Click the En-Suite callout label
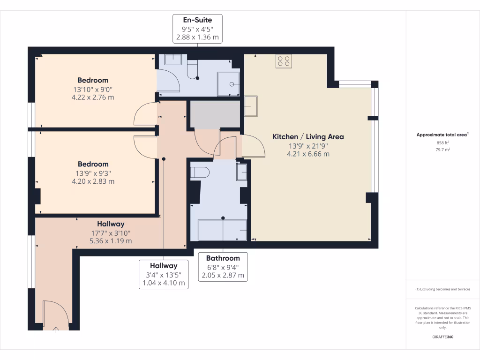click(x=197, y=29)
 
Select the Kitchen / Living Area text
click(x=308, y=137)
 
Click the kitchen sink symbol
click(x=251, y=106)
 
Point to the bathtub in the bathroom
click(x=223, y=230)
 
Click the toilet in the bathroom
click(x=199, y=172)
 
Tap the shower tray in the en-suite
click(x=228, y=84)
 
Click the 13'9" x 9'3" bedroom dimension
click(x=93, y=173)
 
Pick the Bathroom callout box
click(x=223, y=267)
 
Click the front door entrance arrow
click(x=56, y=330)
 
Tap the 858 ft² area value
click(x=443, y=142)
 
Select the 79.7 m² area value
click(x=443, y=150)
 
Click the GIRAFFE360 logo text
click(x=443, y=337)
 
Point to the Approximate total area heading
click(x=442, y=135)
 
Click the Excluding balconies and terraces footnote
click(x=443, y=289)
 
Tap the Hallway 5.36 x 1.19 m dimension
click(x=111, y=241)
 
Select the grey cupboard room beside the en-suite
click(x=214, y=114)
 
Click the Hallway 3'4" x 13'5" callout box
click(x=163, y=274)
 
